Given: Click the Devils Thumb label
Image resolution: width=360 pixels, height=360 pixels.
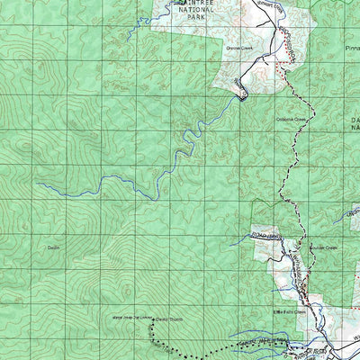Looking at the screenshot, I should click(x=167, y=319).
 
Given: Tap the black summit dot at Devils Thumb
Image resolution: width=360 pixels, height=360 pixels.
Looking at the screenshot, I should click(x=154, y=319).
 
